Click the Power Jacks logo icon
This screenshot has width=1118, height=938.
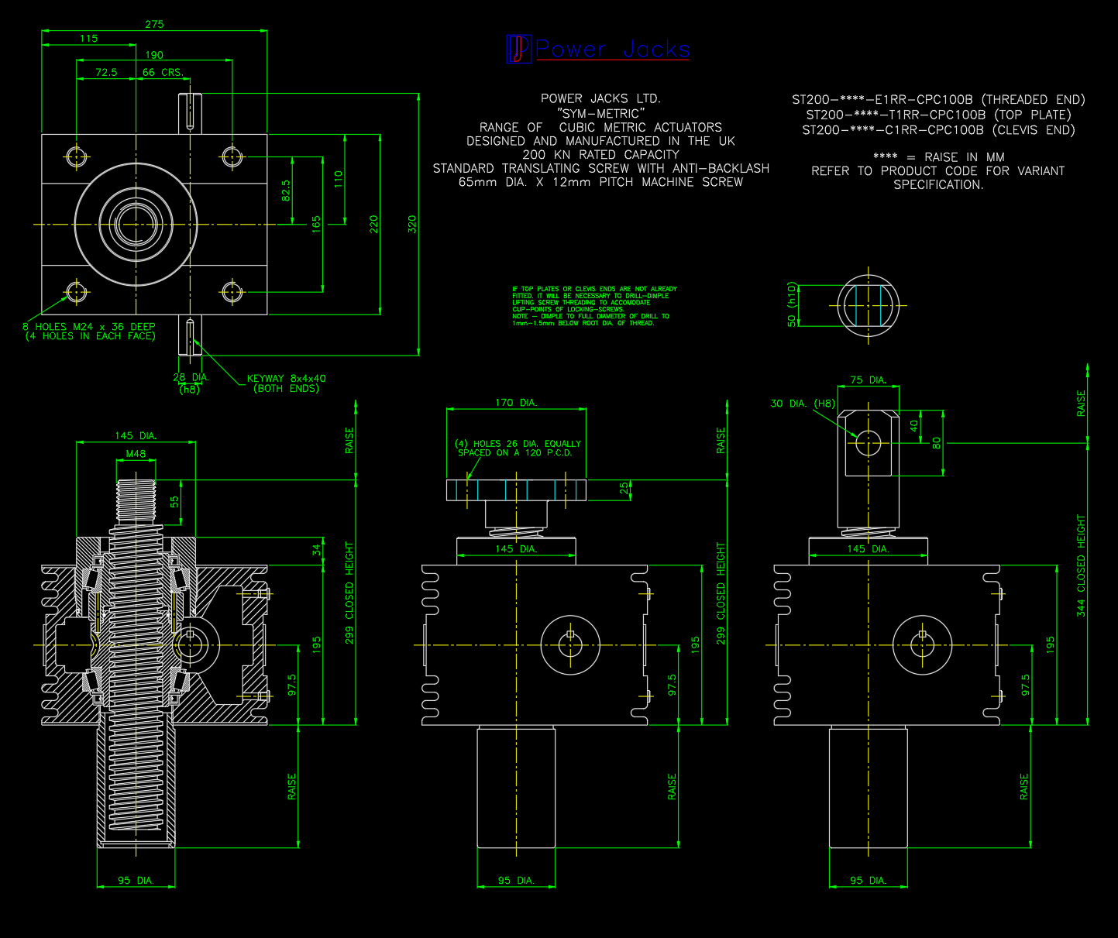[518, 49]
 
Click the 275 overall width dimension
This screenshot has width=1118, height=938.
[154, 24]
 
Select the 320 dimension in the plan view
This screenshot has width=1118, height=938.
[412, 225]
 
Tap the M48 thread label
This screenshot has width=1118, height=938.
[136, 454]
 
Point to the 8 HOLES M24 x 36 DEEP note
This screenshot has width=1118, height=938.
[89, 327]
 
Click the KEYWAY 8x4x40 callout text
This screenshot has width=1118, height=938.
[287, 379]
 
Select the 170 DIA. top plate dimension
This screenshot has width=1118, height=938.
[515, 403]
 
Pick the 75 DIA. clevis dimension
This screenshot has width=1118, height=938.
[867, 380]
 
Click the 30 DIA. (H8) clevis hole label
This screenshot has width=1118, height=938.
[803, 404]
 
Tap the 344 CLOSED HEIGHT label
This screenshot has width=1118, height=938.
[1081, 565]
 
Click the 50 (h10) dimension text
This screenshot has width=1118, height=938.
[791, 304]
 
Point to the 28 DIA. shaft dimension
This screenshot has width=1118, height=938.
[191, 378]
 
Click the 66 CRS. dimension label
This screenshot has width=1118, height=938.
[163, 72]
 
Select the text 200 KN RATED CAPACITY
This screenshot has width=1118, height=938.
[600, 155]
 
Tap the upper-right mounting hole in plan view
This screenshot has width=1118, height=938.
[232, 156]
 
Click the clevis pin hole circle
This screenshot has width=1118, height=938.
[868, 443]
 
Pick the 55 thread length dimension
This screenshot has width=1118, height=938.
[174, 501]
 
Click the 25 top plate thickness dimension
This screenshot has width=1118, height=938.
[624, 489]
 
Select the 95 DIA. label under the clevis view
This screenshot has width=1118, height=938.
[867, 881]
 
